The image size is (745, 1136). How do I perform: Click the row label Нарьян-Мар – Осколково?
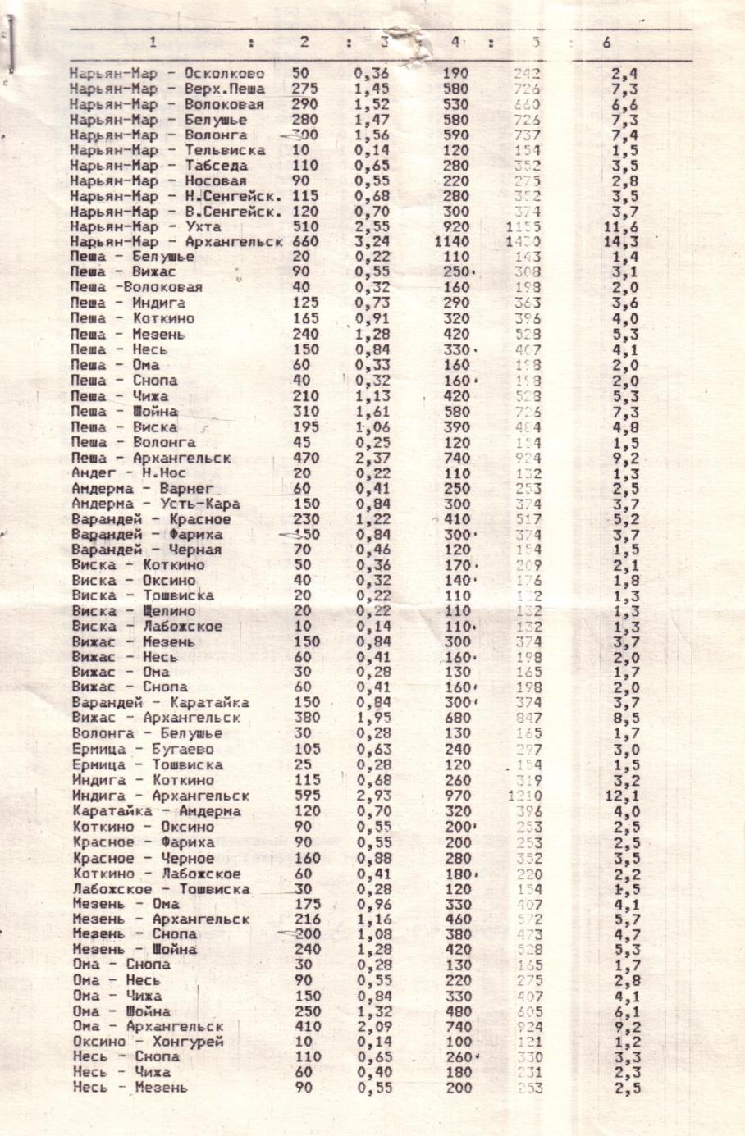point(167,74)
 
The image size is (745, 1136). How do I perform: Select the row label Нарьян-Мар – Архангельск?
point(176,242)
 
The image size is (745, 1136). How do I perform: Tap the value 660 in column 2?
point(305,242)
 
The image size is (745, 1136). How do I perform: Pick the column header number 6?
point(606,43)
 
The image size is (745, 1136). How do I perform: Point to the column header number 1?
point(153,43)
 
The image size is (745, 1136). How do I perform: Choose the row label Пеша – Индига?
point(128,303)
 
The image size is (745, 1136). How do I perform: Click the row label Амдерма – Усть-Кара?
point(156,504)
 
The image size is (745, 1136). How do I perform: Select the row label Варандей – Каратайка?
point(161,703)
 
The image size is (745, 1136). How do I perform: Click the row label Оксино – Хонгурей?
point(148,1042)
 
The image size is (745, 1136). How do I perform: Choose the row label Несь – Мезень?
point(130,1088)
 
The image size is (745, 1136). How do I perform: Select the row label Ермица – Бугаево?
point(143,749)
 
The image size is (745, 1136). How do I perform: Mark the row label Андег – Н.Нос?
point(129,472)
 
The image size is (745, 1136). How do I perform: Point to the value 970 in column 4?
point(455,796)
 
